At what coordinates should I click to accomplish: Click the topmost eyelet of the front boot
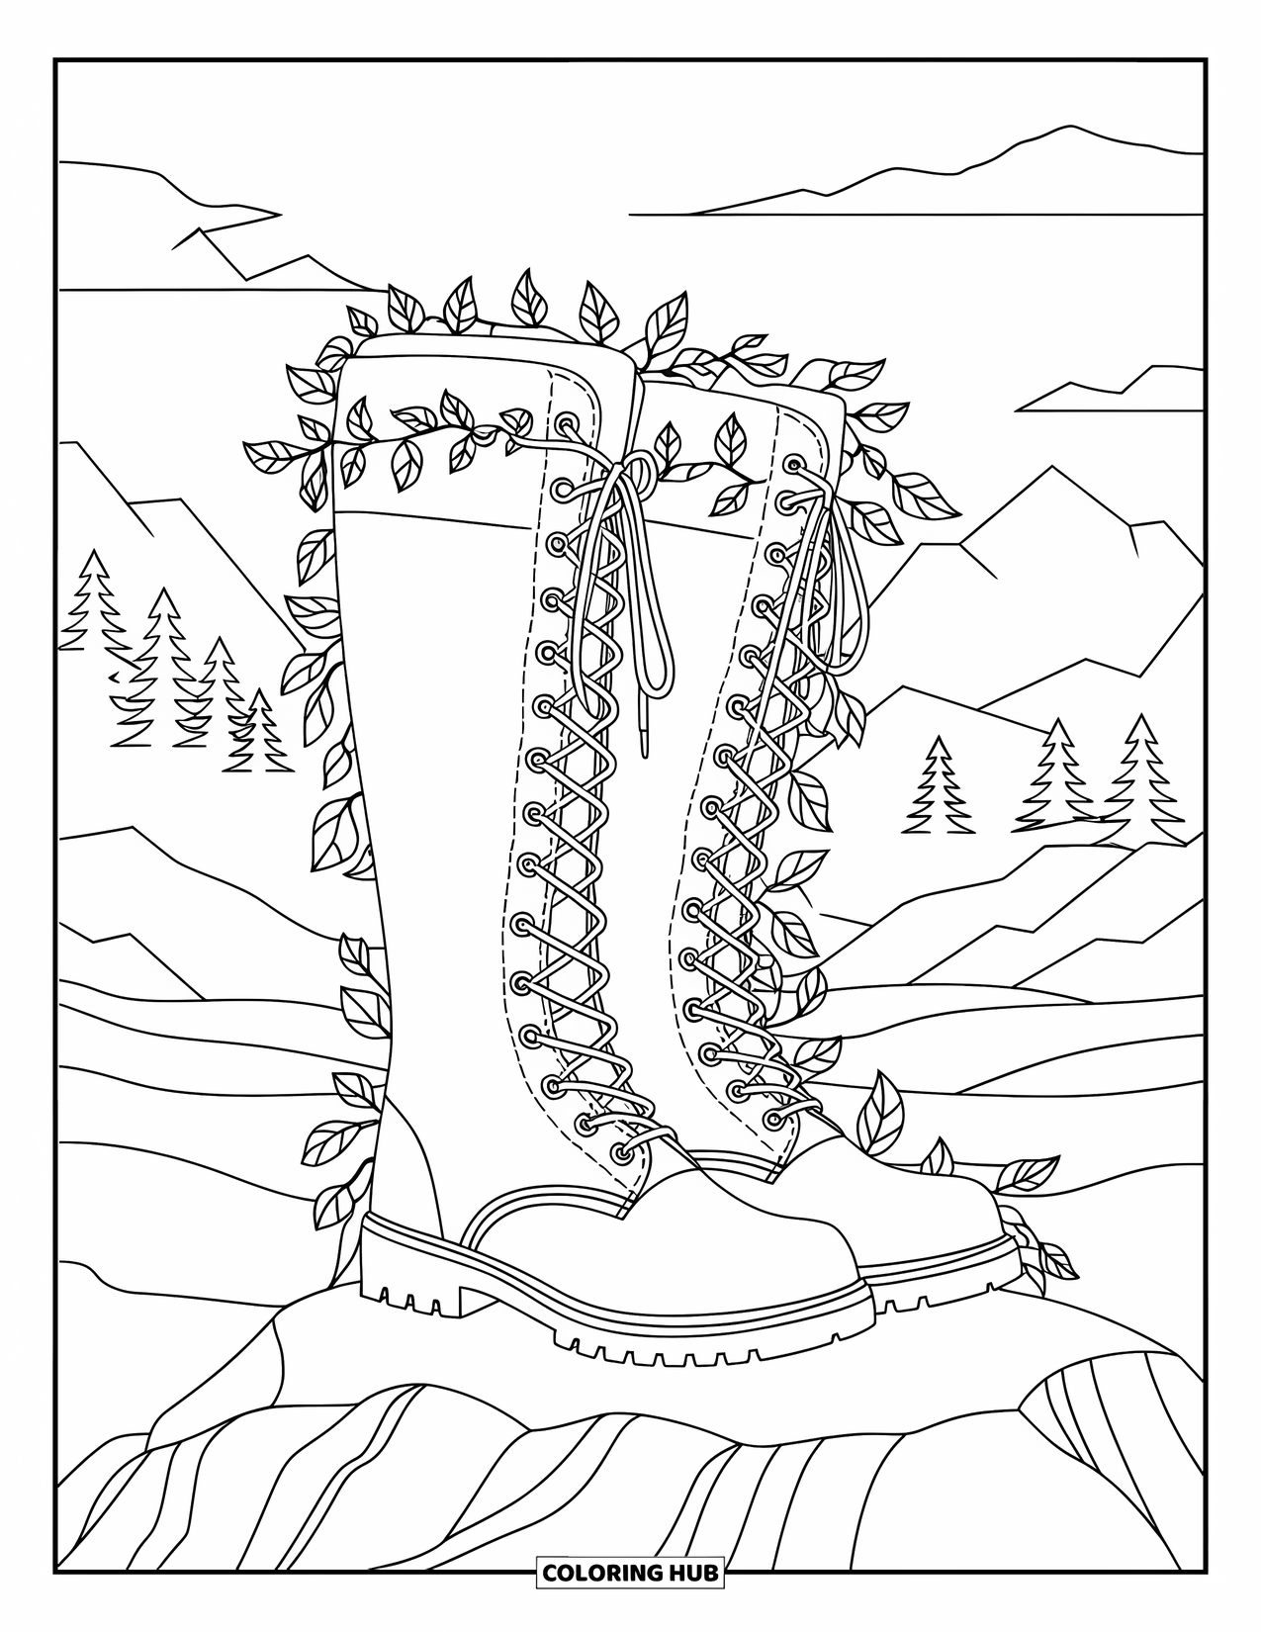[568, 425]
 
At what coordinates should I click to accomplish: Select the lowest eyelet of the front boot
[621, 1152]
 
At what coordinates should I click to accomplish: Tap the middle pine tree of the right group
[1058, 771]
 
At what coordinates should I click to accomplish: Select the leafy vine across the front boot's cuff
[415, 435]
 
